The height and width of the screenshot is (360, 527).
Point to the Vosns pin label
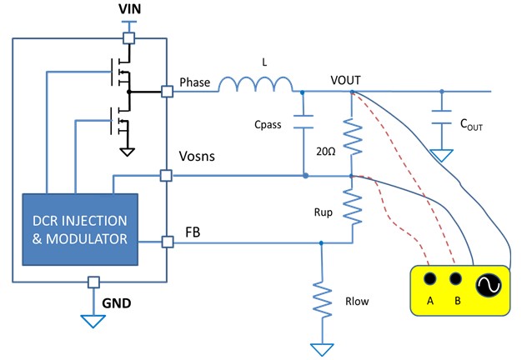pyautogui.click(x=198, y=156)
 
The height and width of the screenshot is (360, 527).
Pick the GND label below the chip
pyautogui.click(x=118, y=305)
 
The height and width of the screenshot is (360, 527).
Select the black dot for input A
pyautogui.click(x=430, y=279)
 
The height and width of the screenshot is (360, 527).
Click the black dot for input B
pyautogui.click(x=455, y=279)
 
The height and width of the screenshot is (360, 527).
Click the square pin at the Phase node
pyautogui.click(x=168, y=92)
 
